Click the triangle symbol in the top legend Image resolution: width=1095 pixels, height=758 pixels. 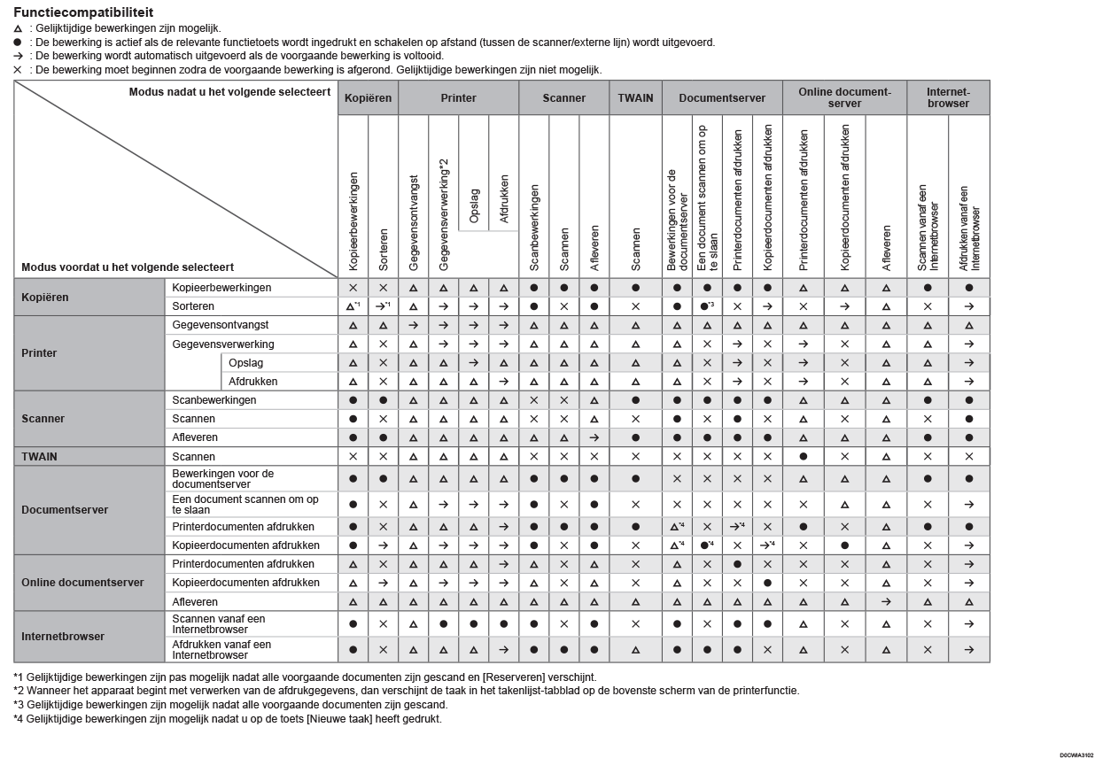point(18,28)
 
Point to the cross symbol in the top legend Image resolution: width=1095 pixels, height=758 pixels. point(18,69)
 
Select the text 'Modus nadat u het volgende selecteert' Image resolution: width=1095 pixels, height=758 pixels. point(229,92)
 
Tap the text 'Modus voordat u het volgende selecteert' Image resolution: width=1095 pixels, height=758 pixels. point(128,267)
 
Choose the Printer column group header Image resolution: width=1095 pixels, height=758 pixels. point(458,98)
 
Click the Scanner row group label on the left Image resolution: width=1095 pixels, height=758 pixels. point(43,419)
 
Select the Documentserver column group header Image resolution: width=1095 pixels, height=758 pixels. point(721,98)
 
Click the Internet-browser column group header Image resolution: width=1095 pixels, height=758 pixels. point(947,97)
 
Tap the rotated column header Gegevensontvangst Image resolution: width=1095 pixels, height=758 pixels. point(414,221)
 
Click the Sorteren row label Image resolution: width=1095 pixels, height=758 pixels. point(193,306)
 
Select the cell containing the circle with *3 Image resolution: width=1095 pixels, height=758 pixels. point(707,306)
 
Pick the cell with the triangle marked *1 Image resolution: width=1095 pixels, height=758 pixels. point(353,306)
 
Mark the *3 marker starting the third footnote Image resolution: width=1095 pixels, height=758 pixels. point(19,705)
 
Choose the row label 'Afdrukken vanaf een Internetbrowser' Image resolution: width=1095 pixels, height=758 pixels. point(221,650)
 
